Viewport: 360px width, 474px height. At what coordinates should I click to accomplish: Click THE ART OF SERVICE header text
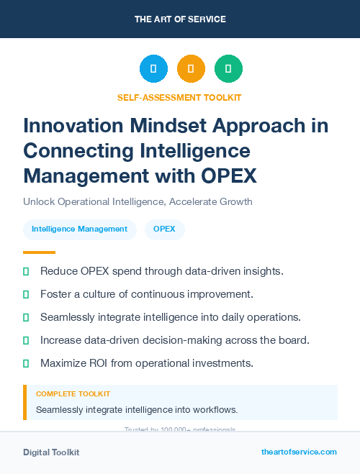180,19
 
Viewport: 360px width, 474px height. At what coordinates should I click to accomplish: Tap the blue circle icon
153,69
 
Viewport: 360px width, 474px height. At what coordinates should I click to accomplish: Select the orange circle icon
191,69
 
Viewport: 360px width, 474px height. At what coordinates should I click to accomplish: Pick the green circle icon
228,69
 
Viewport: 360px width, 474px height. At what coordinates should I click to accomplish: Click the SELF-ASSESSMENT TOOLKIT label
179,97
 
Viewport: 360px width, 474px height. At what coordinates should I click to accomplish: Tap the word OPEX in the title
224,175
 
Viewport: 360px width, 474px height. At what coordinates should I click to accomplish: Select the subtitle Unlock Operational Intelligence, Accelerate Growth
138,201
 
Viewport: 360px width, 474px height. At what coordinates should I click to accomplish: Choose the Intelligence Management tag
79,229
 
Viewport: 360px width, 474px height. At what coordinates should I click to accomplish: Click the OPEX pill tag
165,229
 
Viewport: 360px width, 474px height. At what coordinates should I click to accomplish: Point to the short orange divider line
39,252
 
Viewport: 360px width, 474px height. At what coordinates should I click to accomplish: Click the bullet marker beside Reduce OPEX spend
26,271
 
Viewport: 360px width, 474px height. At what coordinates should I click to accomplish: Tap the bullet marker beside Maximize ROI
26,363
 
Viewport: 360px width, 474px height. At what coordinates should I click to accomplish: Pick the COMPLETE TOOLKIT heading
73,394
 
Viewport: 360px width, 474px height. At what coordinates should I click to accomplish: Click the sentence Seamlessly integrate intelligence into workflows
137,410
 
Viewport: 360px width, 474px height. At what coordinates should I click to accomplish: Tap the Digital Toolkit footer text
51,452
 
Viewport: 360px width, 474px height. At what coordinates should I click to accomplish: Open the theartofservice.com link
299,452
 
